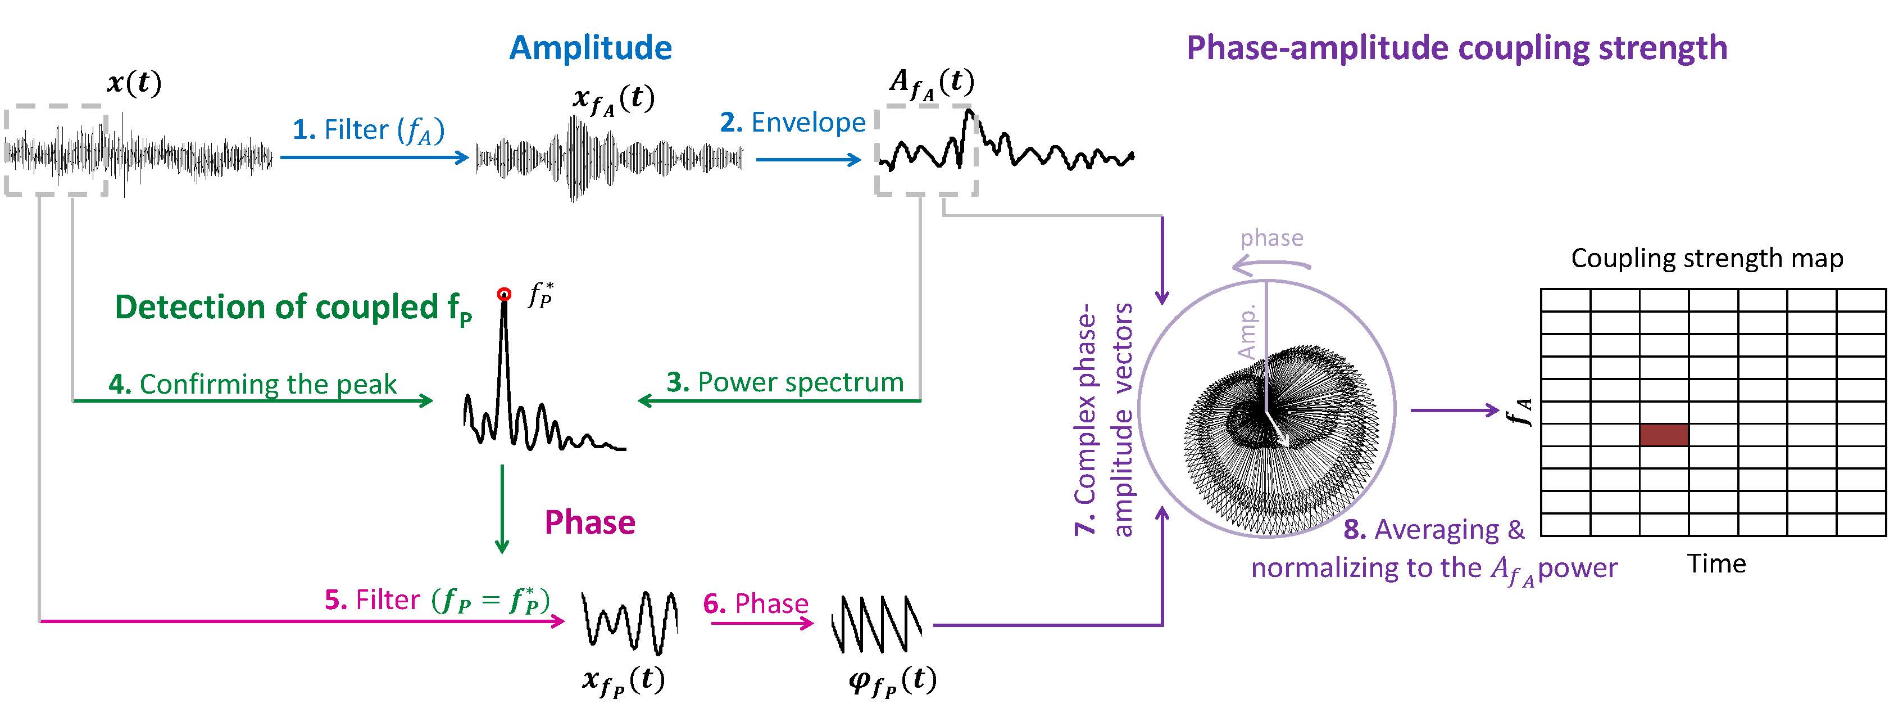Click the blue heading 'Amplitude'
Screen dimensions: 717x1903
coord(591,48)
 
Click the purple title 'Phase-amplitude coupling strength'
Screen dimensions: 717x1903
coord(1456,48)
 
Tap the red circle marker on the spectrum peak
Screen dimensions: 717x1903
coord(504,294)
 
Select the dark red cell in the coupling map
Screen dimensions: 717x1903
coord(1664,435)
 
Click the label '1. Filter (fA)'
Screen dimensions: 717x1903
coord(369,131)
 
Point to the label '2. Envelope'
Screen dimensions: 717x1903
coord(793,123)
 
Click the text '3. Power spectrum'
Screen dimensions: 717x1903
coord(784,382)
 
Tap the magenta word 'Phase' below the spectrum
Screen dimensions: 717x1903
coord(589,522)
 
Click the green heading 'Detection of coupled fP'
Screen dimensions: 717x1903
coord(293,308)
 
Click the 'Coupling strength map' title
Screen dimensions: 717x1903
coord(1706,258)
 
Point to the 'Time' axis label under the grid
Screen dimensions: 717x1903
coord(1716,564)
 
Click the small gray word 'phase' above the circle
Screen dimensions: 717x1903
coord(1271,238)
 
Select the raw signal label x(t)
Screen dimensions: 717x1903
coord(134,83)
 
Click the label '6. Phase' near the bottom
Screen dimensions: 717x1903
coord(756,604)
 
